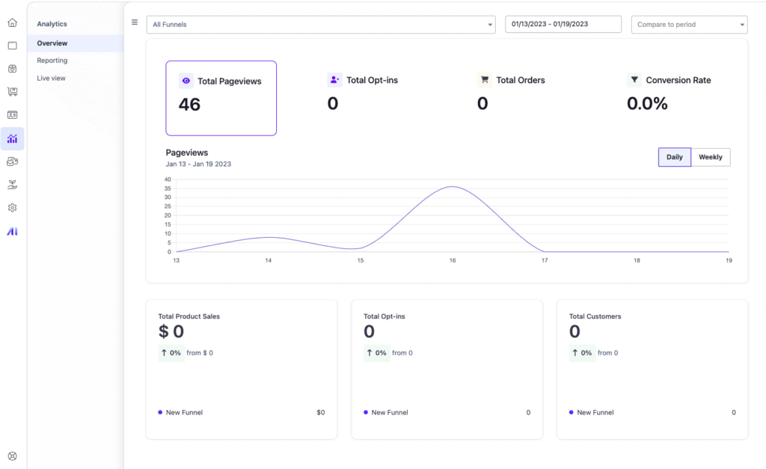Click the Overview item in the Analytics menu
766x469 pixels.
pos(52,43)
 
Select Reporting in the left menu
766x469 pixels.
pos(52,61)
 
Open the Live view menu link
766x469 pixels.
pos(52,78)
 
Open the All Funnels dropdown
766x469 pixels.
pos(321,25)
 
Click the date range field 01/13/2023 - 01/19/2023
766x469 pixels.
pos(563,24)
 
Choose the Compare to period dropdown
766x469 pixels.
pos(689,25)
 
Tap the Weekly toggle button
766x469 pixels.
pos(711,157)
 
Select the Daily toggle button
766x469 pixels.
pos(675,157)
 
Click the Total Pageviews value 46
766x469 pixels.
pos(189,105)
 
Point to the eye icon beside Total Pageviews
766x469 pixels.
pos(186,81)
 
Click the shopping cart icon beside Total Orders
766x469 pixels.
pos(485,79)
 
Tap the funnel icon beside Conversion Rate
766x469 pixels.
pos(634,79)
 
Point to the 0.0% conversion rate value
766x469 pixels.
pos(647,103)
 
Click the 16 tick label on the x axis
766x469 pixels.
pos(453,260)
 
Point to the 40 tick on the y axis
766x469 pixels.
pos(168,180)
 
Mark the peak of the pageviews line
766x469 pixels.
pos(453,186)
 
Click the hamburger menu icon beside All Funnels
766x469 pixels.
pos(135,22)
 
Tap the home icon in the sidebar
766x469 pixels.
pos(13,22)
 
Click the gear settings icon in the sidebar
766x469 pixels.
pos(13,208)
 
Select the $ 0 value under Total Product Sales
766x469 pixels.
pos(171,331)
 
